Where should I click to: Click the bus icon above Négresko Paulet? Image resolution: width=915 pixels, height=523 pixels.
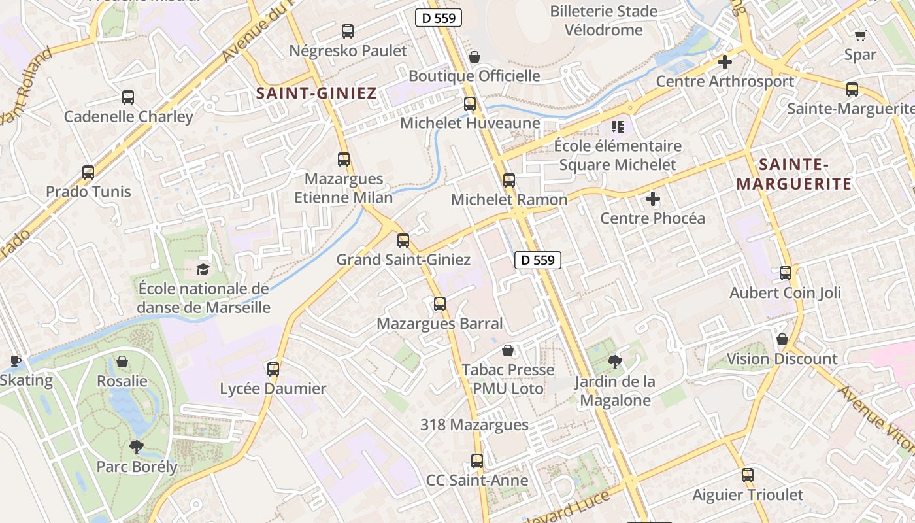(348, 31)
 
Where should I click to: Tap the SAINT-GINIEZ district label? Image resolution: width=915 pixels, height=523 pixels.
(316, 93)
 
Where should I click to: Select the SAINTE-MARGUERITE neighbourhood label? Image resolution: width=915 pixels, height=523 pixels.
(794, 174)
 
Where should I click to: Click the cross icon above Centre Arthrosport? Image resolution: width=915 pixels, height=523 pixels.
(724, 62)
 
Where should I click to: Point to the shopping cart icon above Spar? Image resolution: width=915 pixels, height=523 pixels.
(860, 35)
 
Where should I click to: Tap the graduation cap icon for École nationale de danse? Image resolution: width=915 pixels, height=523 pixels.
(203, 269)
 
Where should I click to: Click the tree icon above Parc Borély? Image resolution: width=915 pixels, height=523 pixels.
(136, 447)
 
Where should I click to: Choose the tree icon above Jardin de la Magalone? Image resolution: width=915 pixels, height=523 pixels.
(614, 362)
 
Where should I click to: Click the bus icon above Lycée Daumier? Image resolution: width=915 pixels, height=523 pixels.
(273, 369)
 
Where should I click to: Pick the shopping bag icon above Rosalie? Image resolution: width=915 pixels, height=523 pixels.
(122, 362)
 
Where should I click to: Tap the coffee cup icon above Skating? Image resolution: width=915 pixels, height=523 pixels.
(15, 361)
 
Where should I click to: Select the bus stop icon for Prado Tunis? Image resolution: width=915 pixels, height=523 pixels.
(88, 173)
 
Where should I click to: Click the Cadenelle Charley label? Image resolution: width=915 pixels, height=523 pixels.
(128, 117)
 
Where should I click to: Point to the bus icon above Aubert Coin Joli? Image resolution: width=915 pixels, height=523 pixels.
(785, 273)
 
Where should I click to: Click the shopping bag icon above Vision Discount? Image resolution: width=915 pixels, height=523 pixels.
(782, 339)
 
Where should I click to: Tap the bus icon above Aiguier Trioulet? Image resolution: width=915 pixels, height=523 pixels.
(748, 475)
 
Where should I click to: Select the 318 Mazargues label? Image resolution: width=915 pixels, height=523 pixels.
(474, 425)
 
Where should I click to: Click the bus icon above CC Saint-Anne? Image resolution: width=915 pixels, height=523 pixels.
(477, 461)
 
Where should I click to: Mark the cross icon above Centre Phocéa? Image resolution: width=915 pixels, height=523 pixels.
(652, 199)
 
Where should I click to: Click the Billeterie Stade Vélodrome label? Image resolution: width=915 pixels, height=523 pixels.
(604, 20)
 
